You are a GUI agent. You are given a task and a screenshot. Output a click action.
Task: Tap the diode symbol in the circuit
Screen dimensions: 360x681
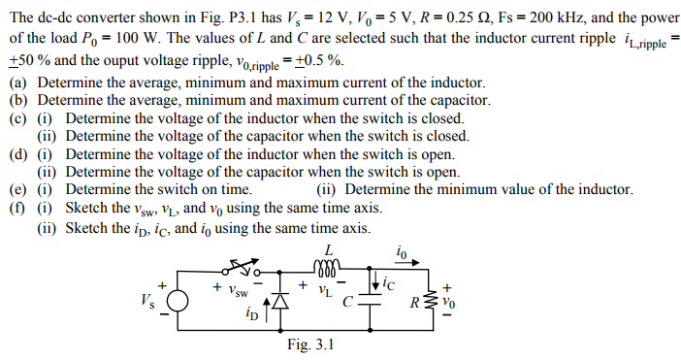pos(281,303)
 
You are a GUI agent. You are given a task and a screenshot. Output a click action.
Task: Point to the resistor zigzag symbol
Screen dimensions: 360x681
pos(432,300)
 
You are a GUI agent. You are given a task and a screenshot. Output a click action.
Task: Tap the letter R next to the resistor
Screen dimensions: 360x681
pos(415,302)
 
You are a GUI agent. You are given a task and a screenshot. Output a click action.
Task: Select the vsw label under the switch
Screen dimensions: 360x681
pos(230,290)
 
